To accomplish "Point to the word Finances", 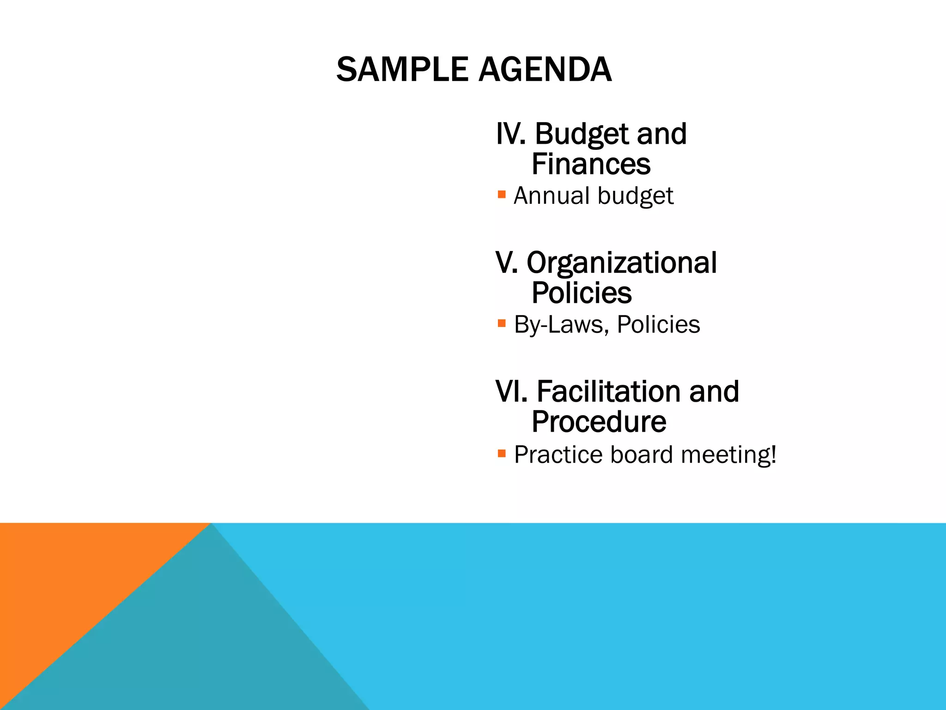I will [x=591, y=165].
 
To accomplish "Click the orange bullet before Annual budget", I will [x=502, y=194].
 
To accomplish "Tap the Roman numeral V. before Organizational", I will [x=506, y=263].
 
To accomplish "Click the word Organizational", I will [x=622, y=263].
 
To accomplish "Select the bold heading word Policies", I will [x=582, y=293].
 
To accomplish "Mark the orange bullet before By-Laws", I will [x=502, y=323].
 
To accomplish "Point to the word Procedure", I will [x=599, y=422].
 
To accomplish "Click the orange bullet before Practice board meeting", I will [x=502, y=453].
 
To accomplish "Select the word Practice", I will [x=558, y=455].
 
